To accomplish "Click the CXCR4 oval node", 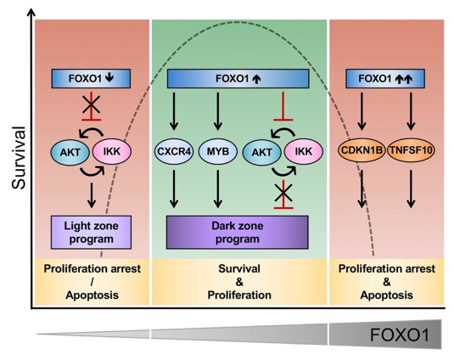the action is coord(174,151).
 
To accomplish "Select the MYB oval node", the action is coord(218,151).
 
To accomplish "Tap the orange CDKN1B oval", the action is coord(362,150).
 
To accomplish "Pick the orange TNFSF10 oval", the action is coord(412,150).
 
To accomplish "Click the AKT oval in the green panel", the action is coord(262,152).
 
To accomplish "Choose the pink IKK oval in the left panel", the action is coord(112,151).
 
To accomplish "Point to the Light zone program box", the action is coord(91,233).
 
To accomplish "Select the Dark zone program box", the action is coord(238,233).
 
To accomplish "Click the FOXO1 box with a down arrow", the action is coord(91,78).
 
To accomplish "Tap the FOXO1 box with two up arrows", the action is coord(385,78).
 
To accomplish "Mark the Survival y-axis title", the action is coord(20,158).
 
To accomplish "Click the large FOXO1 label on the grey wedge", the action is coord(400,335).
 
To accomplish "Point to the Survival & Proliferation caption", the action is coord(239,282).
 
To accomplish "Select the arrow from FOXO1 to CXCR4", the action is coord(174,111).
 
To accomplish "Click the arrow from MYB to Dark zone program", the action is coord(218,188).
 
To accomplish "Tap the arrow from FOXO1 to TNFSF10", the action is coord(412,111).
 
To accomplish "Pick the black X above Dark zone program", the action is coord(283,193).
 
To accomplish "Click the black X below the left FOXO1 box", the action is coord(92,104).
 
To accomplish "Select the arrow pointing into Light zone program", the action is coord(92,195).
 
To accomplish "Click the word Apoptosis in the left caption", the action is coord(92,295).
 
